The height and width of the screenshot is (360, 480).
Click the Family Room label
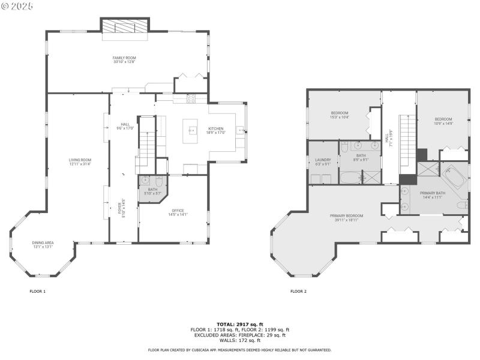click(x=124, y=60)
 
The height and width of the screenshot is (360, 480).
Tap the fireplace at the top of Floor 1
click(x=124, y=26)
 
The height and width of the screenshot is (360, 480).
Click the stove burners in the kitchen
click(x=190, y=98)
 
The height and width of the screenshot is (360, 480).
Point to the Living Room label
click(x=80, y=162)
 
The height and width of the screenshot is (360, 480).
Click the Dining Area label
click(x=43, y=245)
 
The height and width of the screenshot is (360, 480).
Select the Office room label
click(x=177, y=212)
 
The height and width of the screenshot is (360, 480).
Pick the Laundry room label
click(x=323, y=161)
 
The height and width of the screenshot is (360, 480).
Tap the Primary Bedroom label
click(x=346, y=217)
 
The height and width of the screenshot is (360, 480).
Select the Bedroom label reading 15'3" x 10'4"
click(x=340, y=115)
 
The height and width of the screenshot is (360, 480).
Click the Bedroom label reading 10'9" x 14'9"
click(x=443, y=121)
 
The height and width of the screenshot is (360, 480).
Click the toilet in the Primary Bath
click(x=461, y=206)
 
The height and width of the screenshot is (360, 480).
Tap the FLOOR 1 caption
click(x=37, y=292)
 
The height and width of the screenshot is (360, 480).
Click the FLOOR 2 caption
click(x=298, y=292)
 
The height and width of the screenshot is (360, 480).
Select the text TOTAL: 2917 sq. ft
click(x=240, y=324)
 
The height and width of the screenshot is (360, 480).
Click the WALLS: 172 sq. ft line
click(x=240, y=340)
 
